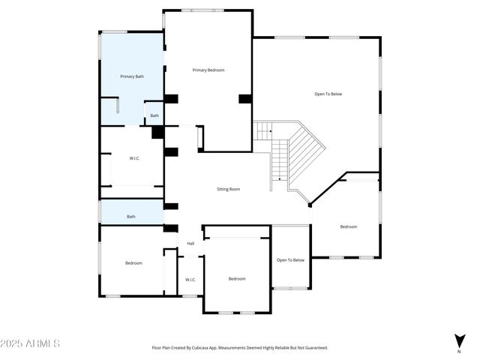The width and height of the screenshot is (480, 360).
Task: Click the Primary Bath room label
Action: tap(132, 76)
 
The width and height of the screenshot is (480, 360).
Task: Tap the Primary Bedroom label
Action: tap(208, 70)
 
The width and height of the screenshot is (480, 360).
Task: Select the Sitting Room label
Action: tap(229, 189)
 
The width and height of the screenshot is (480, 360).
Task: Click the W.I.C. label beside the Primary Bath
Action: tap(134, 157)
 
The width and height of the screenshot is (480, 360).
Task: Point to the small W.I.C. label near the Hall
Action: tap(190, 280)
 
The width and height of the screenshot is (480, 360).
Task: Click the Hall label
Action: tap(190, 243)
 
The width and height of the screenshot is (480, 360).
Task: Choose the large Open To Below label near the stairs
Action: tap(328, 94)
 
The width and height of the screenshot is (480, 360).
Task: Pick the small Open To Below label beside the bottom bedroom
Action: tap(290, 260)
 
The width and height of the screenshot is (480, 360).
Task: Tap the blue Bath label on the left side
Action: tap(131, 217)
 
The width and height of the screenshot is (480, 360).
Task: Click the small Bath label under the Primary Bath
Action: tap(154, 115)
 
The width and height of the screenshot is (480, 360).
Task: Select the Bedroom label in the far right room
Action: tap(349, 226)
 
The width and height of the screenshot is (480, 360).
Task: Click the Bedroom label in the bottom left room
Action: tap(133, 262)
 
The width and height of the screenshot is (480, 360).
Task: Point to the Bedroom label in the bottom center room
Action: tap(237, 278)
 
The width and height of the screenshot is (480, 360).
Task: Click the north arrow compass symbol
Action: tap(459, 340)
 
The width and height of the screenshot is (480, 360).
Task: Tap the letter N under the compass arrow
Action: tap(459, 351)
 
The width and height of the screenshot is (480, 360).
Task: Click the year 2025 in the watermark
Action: tap(12, 343)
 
